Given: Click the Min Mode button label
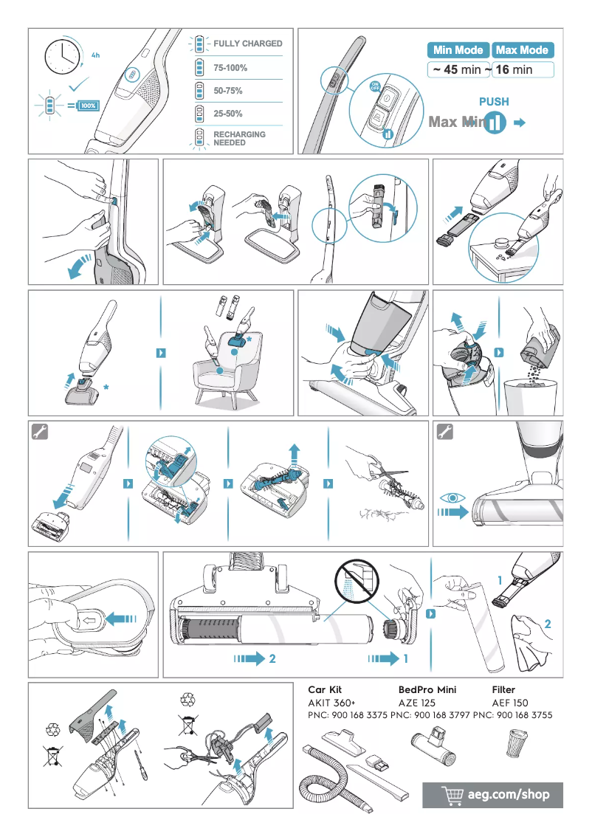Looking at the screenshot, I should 458,50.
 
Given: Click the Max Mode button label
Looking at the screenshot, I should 522,50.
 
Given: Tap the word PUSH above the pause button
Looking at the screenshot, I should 494,102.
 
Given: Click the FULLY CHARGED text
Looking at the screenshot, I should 248,44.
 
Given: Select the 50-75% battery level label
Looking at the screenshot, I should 228,91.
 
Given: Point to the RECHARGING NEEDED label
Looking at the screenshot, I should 239,139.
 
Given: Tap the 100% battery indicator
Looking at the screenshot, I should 88,106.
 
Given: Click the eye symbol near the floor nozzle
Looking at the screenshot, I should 450,497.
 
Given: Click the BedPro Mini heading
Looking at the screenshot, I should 427,689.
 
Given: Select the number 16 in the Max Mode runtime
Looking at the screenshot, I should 503,70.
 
